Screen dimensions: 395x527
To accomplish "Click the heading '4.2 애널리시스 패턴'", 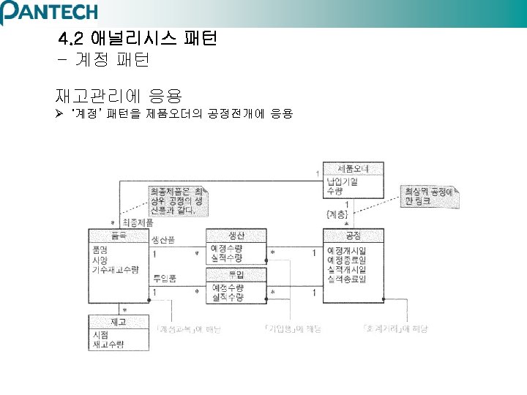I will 138,37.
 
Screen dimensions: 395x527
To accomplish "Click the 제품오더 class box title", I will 354,168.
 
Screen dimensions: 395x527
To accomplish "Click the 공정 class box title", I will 354,235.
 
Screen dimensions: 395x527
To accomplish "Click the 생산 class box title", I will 236,235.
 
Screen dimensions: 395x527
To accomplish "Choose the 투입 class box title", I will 236,274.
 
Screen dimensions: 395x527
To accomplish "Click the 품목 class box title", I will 119,235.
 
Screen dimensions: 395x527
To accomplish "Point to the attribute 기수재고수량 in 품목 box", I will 116,270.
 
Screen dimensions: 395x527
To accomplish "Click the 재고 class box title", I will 119,321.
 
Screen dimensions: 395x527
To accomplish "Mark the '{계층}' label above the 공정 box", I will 337,214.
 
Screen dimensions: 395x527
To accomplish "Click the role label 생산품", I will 163,241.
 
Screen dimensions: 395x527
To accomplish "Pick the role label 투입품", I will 163,278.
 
